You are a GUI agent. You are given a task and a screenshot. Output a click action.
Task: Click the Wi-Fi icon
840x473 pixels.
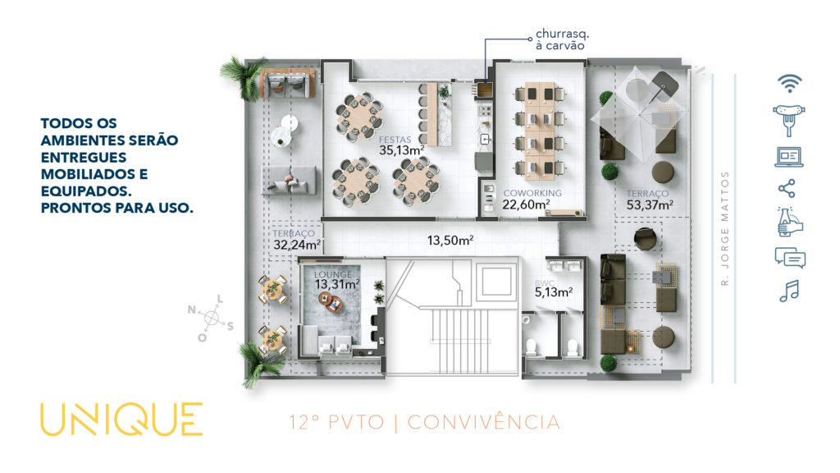(790, 84)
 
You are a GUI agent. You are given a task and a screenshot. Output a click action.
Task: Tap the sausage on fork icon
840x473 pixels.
(788, 120)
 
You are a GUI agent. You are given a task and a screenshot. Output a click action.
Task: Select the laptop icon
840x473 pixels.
(788, 157)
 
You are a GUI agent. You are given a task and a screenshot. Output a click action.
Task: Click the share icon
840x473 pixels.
(787, 189)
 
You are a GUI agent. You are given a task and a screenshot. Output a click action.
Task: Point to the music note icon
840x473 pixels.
(789, 291)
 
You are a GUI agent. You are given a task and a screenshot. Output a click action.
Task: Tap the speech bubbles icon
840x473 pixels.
(790, 257)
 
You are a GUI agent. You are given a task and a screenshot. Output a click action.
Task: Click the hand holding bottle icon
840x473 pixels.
(790, 222)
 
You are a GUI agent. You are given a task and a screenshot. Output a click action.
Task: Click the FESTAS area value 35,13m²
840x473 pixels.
(402, 150)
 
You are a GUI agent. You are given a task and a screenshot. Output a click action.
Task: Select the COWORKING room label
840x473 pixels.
(532, 193)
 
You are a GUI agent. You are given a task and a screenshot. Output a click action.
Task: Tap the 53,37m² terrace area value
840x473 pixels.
(650, 204)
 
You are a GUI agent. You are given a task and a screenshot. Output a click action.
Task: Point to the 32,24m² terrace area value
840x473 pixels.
(297, 245)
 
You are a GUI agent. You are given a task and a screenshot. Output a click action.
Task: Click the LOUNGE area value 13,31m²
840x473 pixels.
(337, 284)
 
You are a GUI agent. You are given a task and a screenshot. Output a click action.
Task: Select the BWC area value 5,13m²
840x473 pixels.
(554, 292)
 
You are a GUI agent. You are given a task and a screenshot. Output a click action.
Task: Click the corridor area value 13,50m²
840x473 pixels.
(450, 241)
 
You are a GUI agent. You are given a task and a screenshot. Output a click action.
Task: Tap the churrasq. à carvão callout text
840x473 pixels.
(562, 39)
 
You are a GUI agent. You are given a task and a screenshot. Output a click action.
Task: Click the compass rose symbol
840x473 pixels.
(211, 318)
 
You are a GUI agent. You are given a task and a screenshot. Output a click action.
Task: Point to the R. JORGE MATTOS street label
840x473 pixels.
(725, 228)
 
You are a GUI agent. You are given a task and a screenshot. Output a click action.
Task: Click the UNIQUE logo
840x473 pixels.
(121, 419)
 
